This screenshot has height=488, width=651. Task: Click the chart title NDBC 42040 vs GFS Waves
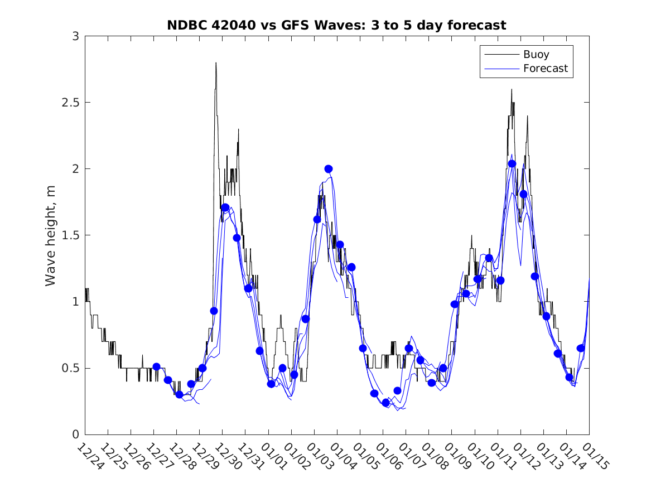(336, 25)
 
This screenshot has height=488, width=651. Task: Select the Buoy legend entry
(536, 55)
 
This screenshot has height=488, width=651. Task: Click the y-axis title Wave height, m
(51, 235)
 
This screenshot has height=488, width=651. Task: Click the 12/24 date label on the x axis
(90, 457)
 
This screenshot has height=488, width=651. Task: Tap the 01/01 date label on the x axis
(273, 457)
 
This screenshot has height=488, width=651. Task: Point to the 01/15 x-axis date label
(594, 457)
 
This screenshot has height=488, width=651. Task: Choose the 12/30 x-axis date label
(227, 457)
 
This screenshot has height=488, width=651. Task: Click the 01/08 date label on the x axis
(433, 457)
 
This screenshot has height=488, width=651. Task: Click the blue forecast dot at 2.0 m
(329, 169)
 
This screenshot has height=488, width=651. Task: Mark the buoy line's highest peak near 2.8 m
(216, 63)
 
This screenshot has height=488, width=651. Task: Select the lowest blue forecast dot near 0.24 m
(385, 403)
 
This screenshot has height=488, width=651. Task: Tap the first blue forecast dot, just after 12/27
(156, 366)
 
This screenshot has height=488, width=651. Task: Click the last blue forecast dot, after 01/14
(580, 348)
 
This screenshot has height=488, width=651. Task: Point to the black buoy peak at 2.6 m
(511, 89)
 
